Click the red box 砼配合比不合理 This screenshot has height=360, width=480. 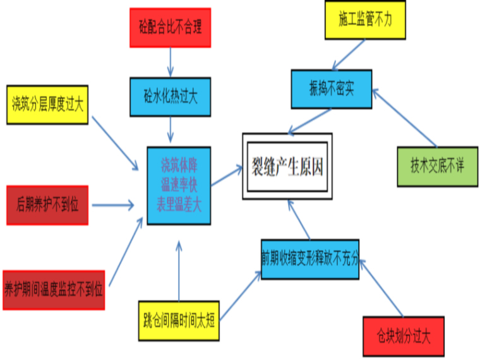click(170, 28)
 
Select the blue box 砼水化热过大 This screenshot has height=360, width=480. click(170, 97)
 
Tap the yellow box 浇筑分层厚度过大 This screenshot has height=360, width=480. click(47, 104)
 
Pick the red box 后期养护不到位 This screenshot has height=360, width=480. click(47, 205)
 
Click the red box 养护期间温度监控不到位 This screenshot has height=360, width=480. click(54, 290)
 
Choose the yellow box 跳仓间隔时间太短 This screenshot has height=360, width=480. click(179, 321)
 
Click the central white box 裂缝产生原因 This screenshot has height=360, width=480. click(287, 167)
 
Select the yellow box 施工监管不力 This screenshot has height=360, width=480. click(365, 20)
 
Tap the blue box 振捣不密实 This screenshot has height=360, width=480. click(332, 88)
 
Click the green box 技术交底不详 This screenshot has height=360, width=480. click(437, 167)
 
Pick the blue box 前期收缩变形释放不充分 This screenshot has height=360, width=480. click(309, 259)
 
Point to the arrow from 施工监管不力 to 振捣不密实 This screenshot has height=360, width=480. click(349, 54)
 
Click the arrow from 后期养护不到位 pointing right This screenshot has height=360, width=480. click(112, 205)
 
